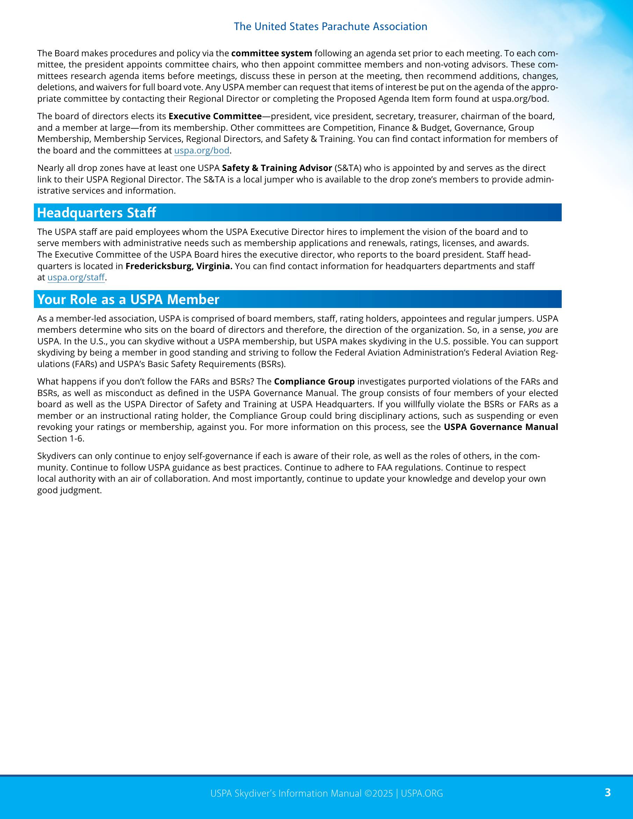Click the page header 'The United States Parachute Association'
click(x=330, y=27)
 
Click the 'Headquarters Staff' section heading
click(x=96, y=213)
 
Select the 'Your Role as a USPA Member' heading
click(x=128, y=299)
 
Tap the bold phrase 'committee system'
click(x=272, y=53)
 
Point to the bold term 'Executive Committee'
click(x=215, y=116)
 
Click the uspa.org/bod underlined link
click(x=202, y=150)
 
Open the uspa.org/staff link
click(x=76, y=278)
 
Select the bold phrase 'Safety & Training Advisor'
click(x=277, y=168)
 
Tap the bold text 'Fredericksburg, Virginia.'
click(x=179, y=266)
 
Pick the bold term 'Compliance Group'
click(x=314, y=382)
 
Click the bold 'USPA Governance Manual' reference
click(x=501, y=427)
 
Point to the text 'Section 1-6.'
click(x=61, y=438)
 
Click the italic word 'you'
click(x=535, y=330)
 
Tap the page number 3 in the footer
click(x=607, y=792)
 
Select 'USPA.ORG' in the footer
click(x=422, y=793)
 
